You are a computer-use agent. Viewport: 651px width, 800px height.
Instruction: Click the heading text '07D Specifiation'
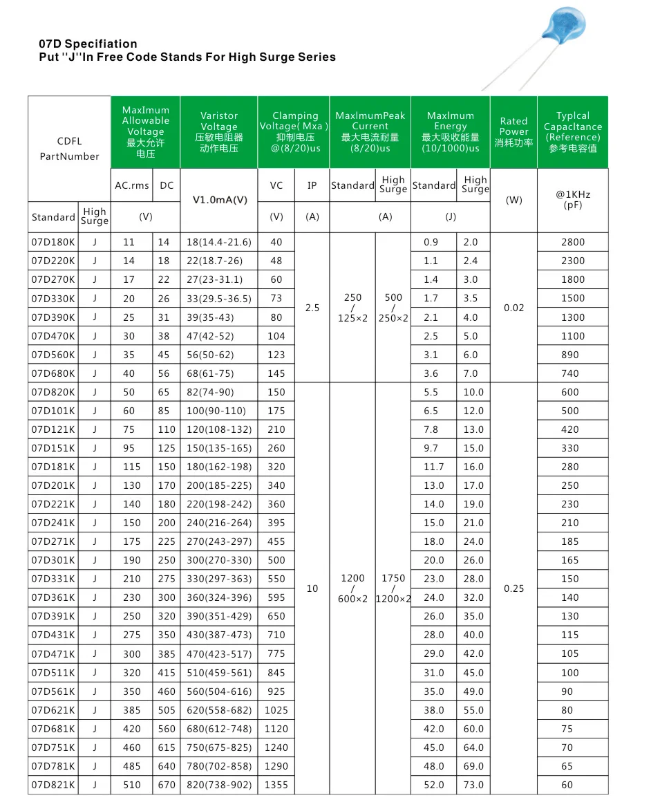click(x=88, y=44)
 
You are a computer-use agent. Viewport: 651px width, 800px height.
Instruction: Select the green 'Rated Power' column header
click(x=513, y=131)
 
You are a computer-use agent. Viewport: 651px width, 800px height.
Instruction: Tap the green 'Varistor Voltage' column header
click(x=218, y=131)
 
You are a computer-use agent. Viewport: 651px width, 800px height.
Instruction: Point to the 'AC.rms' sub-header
click(x=131, y=185)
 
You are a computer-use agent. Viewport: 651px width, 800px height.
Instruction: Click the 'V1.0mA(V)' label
click(x=218, y=200)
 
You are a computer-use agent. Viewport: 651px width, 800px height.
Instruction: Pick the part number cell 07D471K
click(x=53, y=653)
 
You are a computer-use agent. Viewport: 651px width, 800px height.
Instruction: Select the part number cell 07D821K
click(x=53, y=785)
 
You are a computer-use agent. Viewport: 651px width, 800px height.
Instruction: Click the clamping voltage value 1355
click(x=276, y=785)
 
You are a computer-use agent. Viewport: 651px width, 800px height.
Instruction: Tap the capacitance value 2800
click(x=572, y=242)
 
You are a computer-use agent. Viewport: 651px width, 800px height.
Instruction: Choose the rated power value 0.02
click(x=513, y=308)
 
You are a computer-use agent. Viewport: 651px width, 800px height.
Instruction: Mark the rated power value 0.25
click(x=513, y=588)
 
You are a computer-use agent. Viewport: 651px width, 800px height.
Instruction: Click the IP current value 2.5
click(x=312, y=308)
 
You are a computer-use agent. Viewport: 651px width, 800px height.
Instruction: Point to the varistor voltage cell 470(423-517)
click(x=218, y=653)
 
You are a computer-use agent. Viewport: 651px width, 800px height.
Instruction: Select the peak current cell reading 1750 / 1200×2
click(x=393, y=588)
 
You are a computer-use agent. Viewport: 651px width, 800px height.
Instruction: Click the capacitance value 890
click(x=572, y=355)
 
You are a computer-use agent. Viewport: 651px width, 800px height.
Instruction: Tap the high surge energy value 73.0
click(x=473, y=785)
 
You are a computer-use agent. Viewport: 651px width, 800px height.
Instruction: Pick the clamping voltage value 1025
click(x=276, y=710)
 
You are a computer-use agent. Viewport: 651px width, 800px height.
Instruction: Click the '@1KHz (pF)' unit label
click(x=572, y=200)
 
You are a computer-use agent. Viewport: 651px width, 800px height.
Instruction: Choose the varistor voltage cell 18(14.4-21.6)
click(x=218, y=242)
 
